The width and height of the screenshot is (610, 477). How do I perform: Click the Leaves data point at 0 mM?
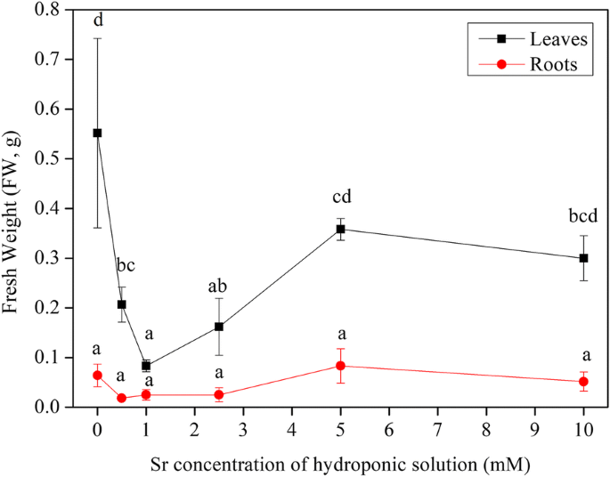[x=97, y=133]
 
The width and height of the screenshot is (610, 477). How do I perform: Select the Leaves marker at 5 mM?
[x=340, y=229]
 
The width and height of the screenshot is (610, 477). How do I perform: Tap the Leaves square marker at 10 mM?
[x=583, y=258]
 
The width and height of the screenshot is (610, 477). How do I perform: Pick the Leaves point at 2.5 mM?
[x=219, y=327]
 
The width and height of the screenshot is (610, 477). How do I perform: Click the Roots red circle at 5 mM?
[x=340, y=366]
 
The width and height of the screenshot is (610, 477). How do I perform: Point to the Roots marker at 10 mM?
[x=583, y=382]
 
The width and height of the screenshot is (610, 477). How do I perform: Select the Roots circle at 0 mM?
[x=97, y=376]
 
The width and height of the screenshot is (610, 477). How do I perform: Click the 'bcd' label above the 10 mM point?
[x=583, y=215]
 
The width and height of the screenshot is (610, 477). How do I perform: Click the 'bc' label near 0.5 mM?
[x=125, y=265]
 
